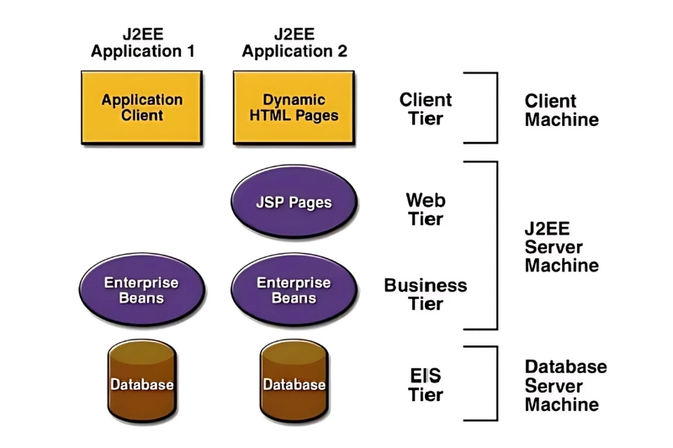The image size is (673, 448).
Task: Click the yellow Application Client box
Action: (142, 107)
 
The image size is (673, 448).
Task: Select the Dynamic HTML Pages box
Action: (294, 107)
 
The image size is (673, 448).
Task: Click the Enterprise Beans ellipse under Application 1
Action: (141, 290)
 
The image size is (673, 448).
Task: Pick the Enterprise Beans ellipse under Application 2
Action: (294, 290)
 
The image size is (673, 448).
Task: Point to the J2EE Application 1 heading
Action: (142, 43)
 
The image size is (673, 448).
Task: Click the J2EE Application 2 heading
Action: (294, 43)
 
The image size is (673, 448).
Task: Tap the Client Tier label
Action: (425, 109)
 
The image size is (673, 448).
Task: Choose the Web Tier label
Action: (425, 210)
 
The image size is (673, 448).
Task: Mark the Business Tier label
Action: (425, 294)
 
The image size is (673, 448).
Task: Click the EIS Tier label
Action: (425, 385)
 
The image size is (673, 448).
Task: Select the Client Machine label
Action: (561, 109)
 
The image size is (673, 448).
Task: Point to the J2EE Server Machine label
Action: (561, 247)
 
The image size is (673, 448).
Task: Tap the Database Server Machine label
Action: (565, 385)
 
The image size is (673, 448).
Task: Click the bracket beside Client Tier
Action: (496, 108)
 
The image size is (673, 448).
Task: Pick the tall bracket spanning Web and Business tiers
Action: (496, 245)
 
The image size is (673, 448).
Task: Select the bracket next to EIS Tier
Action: (496, 383)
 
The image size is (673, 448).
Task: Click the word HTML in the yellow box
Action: (270, 115)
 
